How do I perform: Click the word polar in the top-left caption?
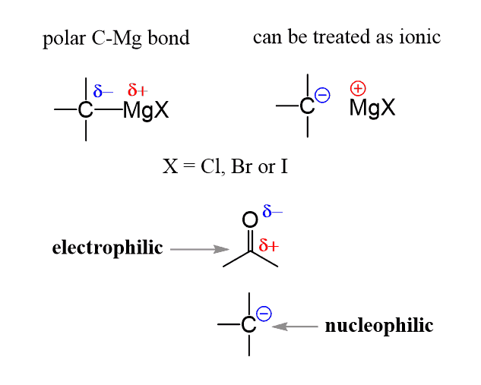tap(64, 39)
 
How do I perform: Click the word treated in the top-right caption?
tap(342, 36)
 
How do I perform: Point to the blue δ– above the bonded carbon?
tap(103, 90)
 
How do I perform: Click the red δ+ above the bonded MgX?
tap(138, 90)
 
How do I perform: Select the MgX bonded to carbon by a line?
tap(146, 110)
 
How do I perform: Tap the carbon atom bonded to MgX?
tap(85, 110)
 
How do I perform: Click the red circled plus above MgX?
tap(358, 89)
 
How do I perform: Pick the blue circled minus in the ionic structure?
tap(322, 95)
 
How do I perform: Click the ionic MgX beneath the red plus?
tap(372, 108)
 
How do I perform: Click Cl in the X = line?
tap(212, 166)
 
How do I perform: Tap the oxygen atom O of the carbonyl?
tap(250, 219)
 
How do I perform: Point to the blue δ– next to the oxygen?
tap(272, 211)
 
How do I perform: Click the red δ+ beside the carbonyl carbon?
tap(269, 245)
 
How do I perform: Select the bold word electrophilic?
tap(107, 248)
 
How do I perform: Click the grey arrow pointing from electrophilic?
tap(200, 249)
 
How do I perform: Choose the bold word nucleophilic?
tap(379, 326)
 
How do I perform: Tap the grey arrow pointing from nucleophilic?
tap(295, 327)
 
